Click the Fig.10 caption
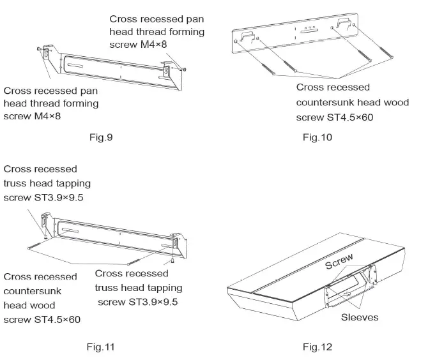tap(317, 137)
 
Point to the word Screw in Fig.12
tap(339, 261)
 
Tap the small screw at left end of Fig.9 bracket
tap(41, 49)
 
